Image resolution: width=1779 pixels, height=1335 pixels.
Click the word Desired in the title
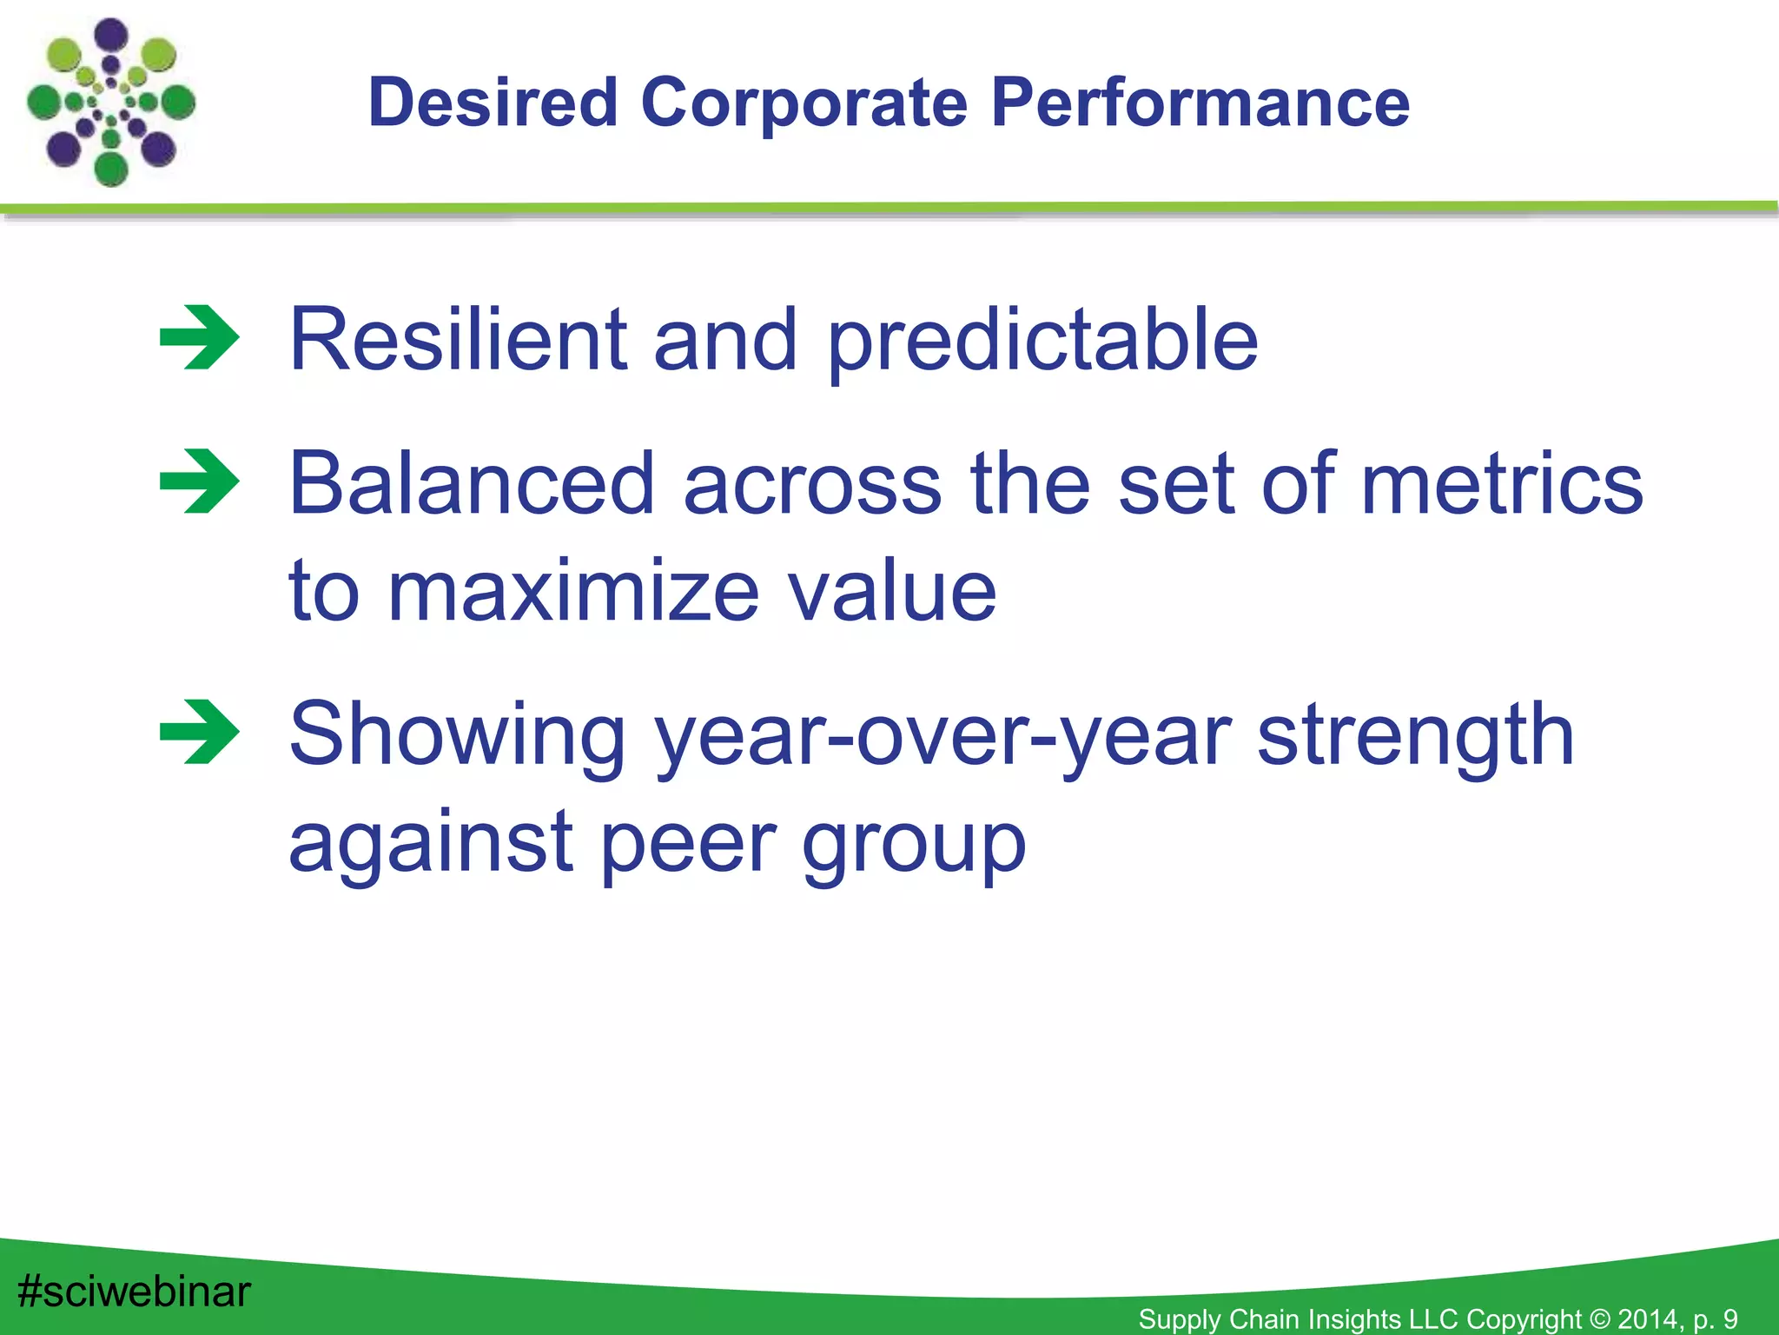point(493,103)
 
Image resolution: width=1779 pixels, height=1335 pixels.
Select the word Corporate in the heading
point(804,103)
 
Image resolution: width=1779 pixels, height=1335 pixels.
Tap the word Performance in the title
point(1200,103)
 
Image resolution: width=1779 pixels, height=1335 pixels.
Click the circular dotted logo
point(111,103)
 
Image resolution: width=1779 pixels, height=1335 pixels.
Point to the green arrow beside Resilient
point(200,338)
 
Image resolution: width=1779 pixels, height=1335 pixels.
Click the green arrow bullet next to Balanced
point(200,482)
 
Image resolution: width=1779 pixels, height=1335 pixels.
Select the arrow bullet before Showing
point(200,732)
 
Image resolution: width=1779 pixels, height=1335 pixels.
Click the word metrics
point(1502,483)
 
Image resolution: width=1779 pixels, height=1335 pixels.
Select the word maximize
point(573,591)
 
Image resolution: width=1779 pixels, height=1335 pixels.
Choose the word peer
point(689,845)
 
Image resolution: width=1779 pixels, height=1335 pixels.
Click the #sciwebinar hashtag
point(135,1292)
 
